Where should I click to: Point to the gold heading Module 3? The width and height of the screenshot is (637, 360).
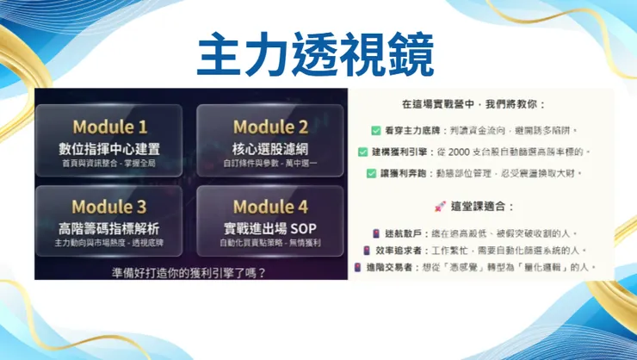109,207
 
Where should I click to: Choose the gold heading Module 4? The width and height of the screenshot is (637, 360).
270,207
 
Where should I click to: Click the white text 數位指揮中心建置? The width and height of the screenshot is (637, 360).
109,148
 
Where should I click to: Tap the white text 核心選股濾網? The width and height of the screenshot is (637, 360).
270,148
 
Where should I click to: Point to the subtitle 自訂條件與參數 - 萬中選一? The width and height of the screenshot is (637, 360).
270,162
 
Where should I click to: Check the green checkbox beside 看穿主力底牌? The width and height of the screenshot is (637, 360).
376,130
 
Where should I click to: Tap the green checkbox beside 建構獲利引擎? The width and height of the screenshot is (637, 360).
363,152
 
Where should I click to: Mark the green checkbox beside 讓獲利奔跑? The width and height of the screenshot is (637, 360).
371,173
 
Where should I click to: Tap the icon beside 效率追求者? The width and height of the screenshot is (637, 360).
366,251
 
